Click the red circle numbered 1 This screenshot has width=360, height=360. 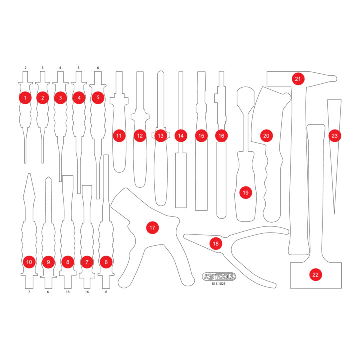25,98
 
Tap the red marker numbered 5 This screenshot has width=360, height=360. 98,98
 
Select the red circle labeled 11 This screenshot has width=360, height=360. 119,136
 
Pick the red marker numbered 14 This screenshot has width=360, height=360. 181,136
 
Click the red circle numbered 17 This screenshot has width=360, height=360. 152,228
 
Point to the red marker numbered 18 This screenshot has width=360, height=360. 216,244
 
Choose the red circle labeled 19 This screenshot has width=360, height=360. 246,193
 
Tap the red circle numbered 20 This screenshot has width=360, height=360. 266,136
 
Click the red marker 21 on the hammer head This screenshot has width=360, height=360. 298,79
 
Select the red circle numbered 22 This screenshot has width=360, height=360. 315,275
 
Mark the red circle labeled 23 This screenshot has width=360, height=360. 335,136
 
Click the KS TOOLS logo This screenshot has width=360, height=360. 219,277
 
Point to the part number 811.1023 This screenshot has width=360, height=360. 219,284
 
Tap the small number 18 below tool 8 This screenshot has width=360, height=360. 68,292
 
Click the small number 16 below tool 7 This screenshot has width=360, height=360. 87,292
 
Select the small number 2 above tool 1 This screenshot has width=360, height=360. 25,68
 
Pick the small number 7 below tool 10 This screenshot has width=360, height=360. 29,292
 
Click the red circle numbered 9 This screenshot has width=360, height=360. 48,262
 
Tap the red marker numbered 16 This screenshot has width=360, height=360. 221,136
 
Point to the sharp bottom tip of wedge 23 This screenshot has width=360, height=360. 334,214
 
